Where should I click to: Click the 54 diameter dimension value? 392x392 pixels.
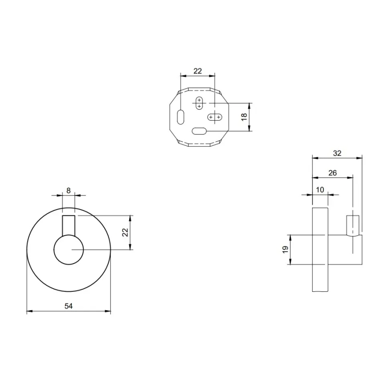click(68, 306)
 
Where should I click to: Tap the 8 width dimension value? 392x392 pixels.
click(68, 191)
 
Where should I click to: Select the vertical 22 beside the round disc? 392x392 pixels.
click(126, 232)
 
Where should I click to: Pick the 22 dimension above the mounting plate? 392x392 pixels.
click(197, 71)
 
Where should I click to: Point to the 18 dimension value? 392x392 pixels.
click(244, 117)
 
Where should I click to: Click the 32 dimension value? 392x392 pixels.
click(337, 153)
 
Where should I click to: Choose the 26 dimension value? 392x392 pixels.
click(332, 173)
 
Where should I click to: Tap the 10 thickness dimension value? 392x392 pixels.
click(320, 190)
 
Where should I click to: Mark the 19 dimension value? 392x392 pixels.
click(285, 249)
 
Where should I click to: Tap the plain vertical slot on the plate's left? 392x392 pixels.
click(181, 117)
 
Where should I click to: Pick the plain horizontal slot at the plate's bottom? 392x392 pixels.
click(199, 131)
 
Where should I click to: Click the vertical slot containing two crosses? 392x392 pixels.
click(199, 103)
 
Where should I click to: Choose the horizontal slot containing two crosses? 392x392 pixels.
click(215, 117)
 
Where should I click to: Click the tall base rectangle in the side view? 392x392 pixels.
click(320, 249)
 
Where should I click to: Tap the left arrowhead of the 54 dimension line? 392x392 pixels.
click(28, 311)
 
